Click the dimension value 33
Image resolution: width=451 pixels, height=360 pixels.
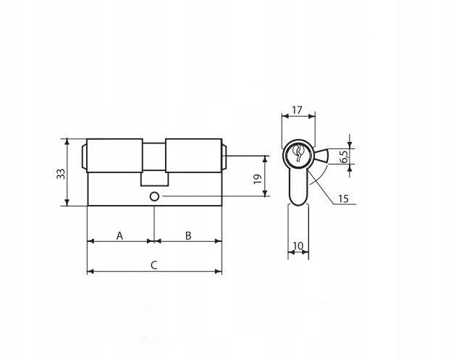61,174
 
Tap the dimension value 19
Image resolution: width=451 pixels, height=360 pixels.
258,179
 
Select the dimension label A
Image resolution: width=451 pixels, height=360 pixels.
119,236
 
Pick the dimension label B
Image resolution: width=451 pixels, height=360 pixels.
188,235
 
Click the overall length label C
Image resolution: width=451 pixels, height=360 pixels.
154,265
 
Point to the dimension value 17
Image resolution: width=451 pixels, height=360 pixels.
297,110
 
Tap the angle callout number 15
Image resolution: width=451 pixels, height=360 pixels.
343,198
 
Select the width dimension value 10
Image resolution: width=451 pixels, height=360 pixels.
298,246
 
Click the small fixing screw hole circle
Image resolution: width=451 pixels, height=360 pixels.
154,197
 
